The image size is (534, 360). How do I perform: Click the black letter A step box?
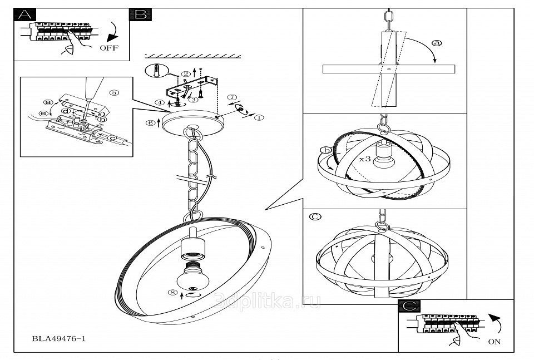pyautogui.click(x=23, y=15)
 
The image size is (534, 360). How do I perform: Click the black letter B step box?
pyautogui.click(x=139, y=15)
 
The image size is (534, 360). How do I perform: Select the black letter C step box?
pyautogui.click(x=409, y=306)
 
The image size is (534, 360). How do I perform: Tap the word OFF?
pyautogui.click(x=108, y=48)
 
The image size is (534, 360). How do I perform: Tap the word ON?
pyautogui.click(x=494, y=342)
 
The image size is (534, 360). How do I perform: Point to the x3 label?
pyautogui.click(x=365, y=159)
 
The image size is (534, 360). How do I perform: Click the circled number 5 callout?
pyautogui.click(x=114, y=93)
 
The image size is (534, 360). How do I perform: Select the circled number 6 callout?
pyautogui.click(x=151, y=123)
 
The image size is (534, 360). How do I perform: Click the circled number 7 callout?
pyautogui.click(x=233, y=97)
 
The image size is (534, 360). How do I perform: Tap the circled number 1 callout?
pyautogui.click(x=259, y=117)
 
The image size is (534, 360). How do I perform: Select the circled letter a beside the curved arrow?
pyautogui.click(x=437, y=43)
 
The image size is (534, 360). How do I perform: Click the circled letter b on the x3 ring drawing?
pyautogui.click(x=327, y=150)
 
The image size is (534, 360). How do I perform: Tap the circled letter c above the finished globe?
pyautogui.click(x=315, y=216)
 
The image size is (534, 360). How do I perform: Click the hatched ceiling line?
pyautogui.click(x=192, y=56)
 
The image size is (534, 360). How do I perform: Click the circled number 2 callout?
pyautogui.click(x=186, y=75)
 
